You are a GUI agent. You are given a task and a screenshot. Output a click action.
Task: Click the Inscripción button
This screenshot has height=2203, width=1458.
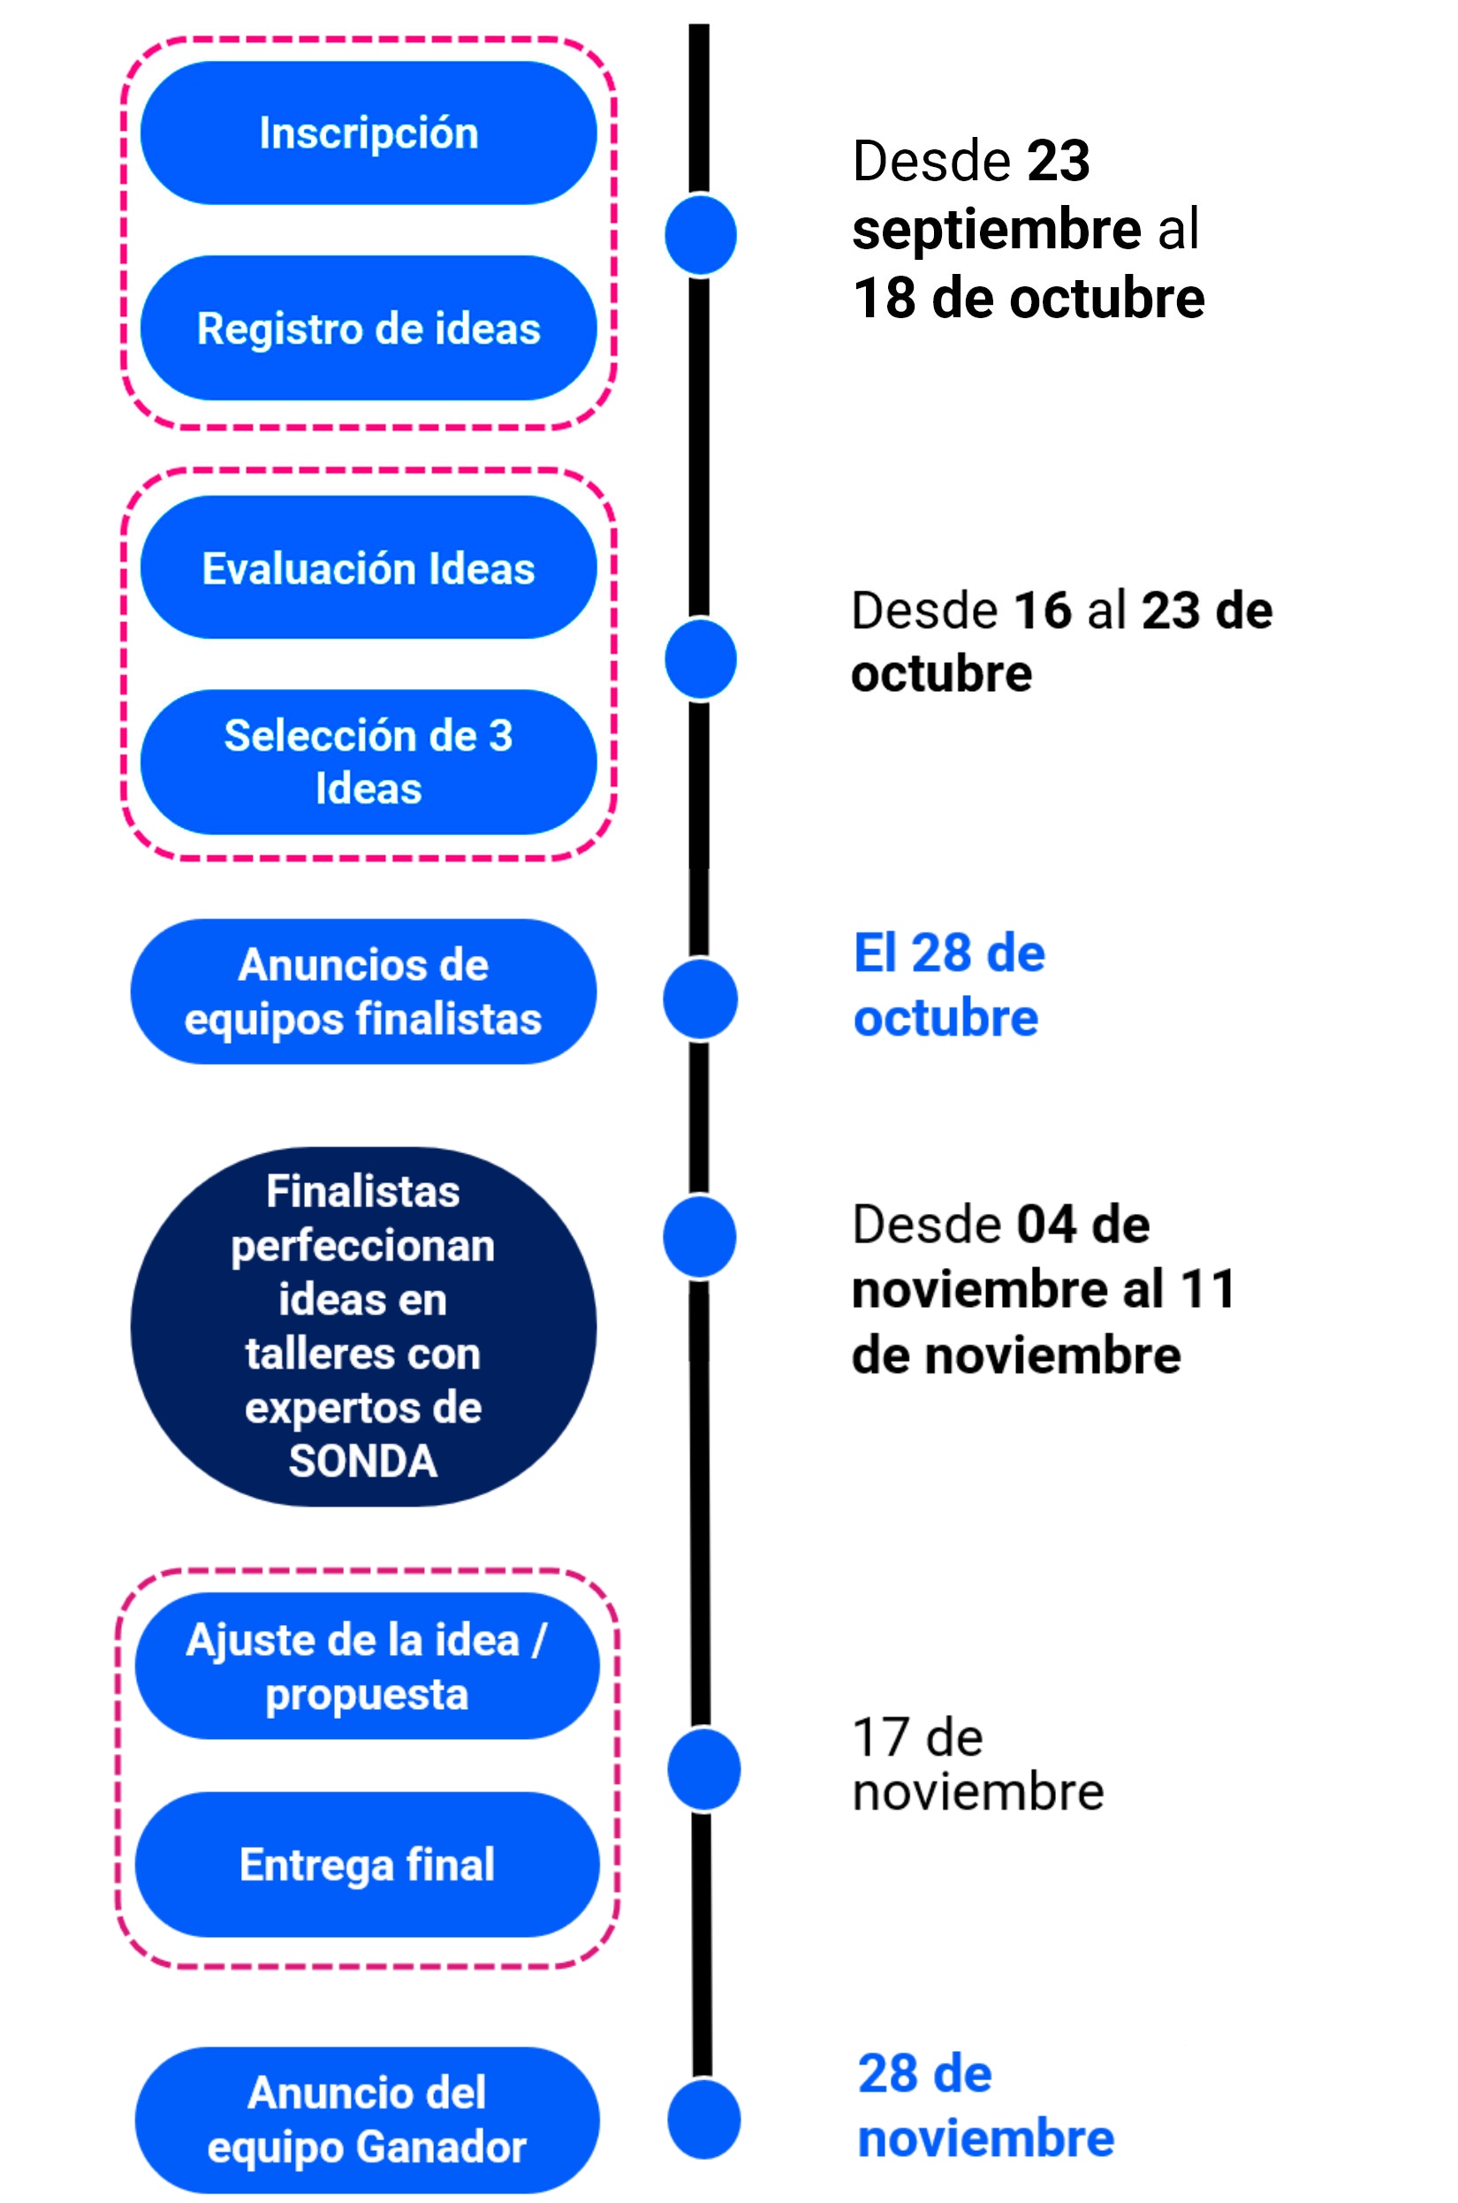click(x=368, y=133)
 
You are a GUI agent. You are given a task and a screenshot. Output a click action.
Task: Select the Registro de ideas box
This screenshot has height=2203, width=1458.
click(x=368, y=328)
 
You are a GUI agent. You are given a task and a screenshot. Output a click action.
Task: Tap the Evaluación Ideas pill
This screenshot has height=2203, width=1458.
click(x=368, y=567)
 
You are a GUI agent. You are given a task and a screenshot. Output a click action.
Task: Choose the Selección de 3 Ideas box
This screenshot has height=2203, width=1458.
click(x=368, y=762)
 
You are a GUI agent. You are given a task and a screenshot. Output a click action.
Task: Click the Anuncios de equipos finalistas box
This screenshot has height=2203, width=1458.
click(x=363, y=991)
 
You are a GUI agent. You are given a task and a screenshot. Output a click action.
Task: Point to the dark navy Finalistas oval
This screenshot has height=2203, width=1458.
click(x=363, y=1326)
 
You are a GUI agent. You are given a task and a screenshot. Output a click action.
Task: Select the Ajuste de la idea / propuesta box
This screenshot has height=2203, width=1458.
click(x=368, y=1667)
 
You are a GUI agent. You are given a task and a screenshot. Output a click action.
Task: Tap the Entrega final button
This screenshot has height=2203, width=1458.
click(x=368, y=1865)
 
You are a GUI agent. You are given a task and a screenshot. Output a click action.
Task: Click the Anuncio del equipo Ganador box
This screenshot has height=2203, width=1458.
click(x=368, y=2120)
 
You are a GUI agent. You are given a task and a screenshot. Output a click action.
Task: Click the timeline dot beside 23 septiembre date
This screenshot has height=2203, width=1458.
click(x=701, y=235)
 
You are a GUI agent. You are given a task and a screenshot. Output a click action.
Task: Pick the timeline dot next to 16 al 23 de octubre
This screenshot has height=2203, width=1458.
click(x=701, y=659)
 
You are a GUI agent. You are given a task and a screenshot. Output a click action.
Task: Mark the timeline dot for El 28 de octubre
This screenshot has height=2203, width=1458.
click(x=700, y=999)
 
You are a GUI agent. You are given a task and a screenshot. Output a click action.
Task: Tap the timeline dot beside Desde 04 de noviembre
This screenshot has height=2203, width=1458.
click(x=700, y=1237)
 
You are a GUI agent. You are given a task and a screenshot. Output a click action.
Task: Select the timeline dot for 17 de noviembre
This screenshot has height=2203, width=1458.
click(x=704, y=1770)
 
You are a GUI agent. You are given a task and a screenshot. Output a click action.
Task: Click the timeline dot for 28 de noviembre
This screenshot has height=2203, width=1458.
click(x=704, y=2120)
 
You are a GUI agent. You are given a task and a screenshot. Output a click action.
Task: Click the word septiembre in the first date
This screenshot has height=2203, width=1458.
click(x=997, y=229)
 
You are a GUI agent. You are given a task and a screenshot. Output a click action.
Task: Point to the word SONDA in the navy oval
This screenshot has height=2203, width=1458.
click(x=362, y=1461)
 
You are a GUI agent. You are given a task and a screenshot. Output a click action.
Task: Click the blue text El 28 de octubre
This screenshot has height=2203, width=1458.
click(x=949, y=984)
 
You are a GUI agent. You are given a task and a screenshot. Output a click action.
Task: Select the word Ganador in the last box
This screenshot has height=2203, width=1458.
click(x=441, y=2147)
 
